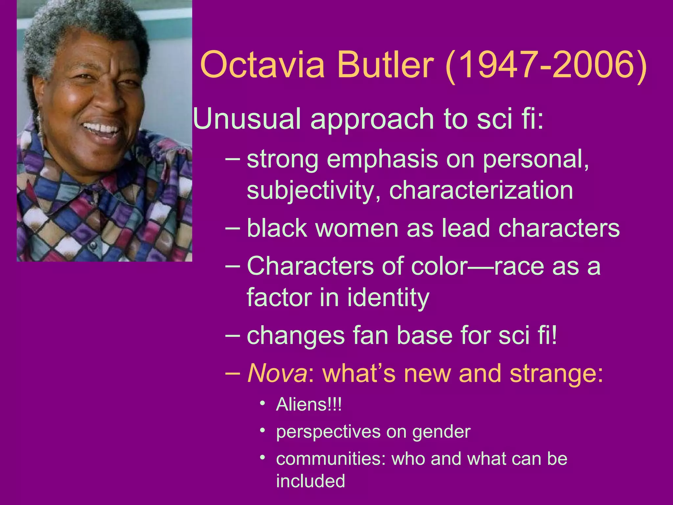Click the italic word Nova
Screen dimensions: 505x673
click(277, 373)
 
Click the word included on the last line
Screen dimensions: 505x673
click(311, 481)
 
